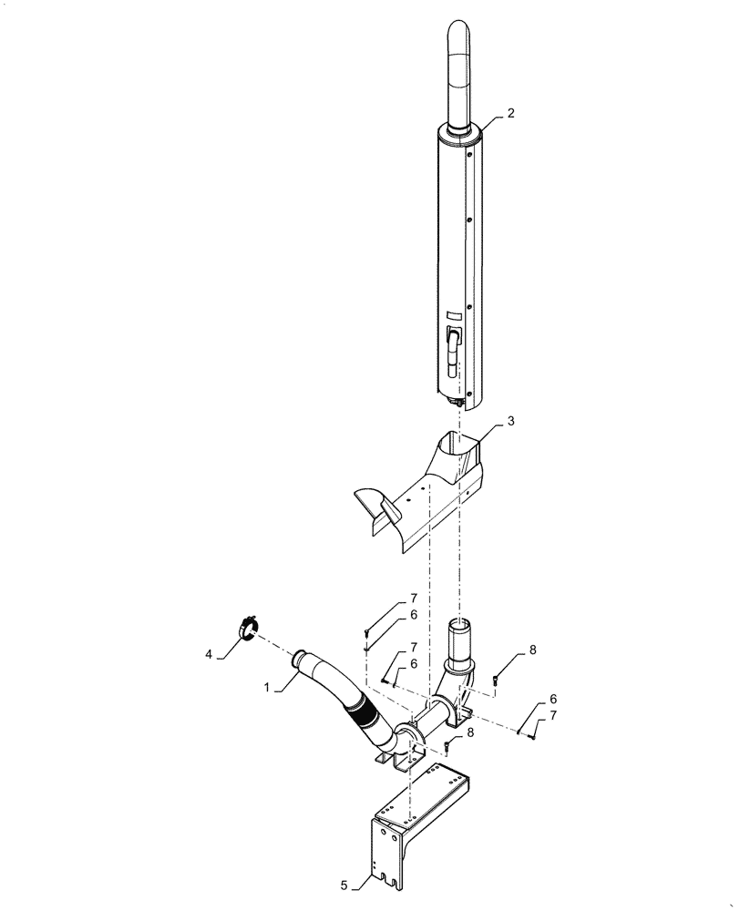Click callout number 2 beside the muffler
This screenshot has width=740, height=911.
click(510, 114)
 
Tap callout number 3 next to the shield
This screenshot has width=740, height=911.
click(511, 422)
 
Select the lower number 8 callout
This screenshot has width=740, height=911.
click(470, 732)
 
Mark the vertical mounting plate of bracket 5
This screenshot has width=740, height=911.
click(386, 851)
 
